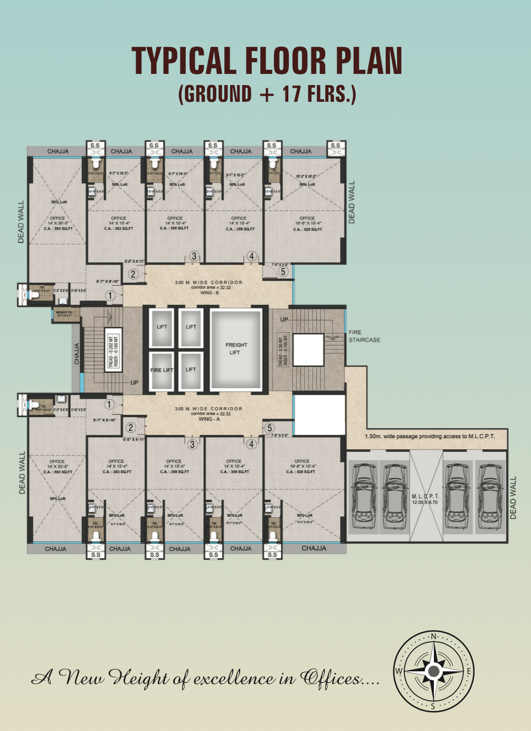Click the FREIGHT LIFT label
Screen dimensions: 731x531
[x=236, y=349]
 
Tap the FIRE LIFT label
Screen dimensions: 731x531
[x=162, y=370]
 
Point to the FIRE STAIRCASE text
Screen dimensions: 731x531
[x=364, y=336]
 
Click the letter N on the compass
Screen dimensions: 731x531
[x=433, y=636]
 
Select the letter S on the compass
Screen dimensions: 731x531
[x=433, y=706]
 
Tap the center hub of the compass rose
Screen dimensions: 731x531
[x=433, y=671]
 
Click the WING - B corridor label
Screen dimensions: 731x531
[x=209, y=293]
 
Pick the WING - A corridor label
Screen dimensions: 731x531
[x=209, y=419]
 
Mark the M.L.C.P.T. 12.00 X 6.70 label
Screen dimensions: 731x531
[x=425, y=499]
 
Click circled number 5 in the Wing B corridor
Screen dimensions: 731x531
[x=283, y=271]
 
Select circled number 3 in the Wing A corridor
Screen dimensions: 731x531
[x=192, y=444]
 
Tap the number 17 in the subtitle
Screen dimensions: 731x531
[x=291, y=94]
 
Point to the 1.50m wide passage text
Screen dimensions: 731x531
[x=430, y=436]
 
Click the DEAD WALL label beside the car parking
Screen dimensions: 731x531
[x=513, y=498]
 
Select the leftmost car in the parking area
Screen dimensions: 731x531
[x=363, y=495]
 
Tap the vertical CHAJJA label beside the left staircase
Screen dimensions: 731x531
[x=77, y=353]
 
